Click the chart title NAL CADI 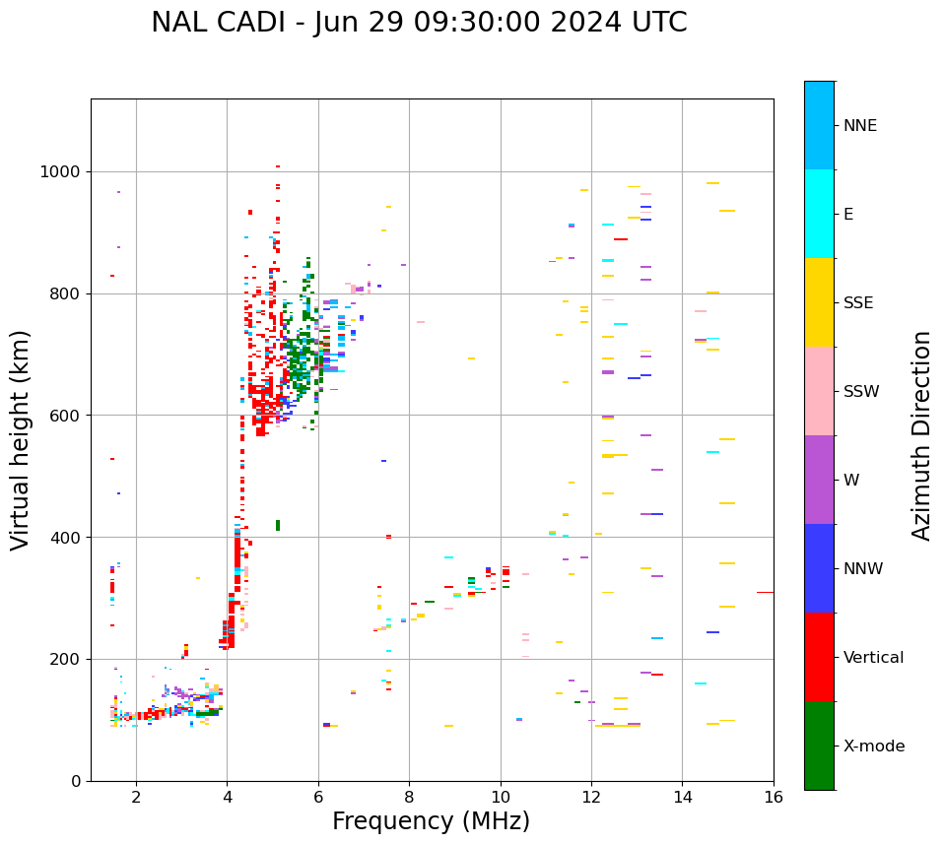tap(419, 23)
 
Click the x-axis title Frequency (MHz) tap(431, 821)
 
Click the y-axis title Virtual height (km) tap(21, 439)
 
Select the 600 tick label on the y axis tap(64, 416)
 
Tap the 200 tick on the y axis tap(64, 659)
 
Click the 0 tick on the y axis tap(76, 781)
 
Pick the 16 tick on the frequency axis tap(774, 797)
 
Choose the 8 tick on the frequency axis tap(409, 797)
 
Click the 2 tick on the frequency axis tap(136, 797)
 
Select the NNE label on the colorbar tap(859, 126)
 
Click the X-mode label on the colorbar tap(873, 747)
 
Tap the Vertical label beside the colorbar tap(873, 658)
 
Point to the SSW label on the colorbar tap(861, 392)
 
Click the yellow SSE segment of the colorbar tap(819, 302)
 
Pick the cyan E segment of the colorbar tap(819, 214)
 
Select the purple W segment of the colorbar tap(819, 480)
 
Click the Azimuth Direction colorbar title tap(921, 435)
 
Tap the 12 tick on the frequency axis tap(591, 797)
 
